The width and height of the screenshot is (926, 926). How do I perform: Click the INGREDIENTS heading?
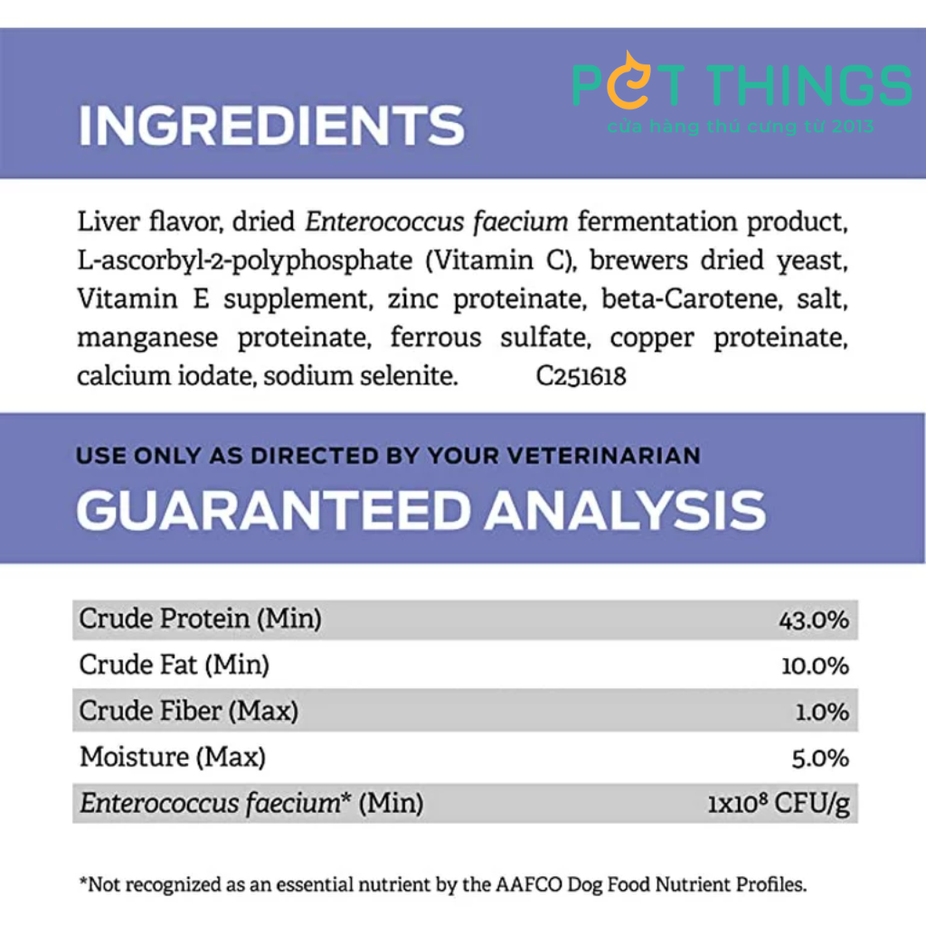(x=271, y=125)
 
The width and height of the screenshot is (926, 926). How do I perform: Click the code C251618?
(x=581, y=376)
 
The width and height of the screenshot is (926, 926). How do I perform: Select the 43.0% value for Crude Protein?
(x=814, y=620)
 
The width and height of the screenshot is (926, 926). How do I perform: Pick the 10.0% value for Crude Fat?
(x=815, y=666)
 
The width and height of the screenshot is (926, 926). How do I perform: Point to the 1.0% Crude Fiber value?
(x=822, y=713)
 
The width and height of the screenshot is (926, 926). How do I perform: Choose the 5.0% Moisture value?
(x=820, y=759)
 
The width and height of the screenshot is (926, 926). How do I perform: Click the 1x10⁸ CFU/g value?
(x=779, y=804)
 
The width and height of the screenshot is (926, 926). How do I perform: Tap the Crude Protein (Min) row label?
(x=200, y=619)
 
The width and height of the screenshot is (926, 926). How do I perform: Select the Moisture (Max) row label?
(x=173, y=757)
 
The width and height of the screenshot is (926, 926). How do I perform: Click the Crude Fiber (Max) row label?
(x=189, y=711)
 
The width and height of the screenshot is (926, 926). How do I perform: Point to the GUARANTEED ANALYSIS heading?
(x=421, y=510)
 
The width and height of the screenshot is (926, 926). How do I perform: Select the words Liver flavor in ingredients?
(x=151, y=222)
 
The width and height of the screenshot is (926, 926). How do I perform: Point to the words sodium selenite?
(x=361, y=376)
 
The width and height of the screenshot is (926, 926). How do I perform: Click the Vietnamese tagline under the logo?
(x=741, y=127)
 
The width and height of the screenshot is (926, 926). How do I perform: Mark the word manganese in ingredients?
(x=147, y=339)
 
